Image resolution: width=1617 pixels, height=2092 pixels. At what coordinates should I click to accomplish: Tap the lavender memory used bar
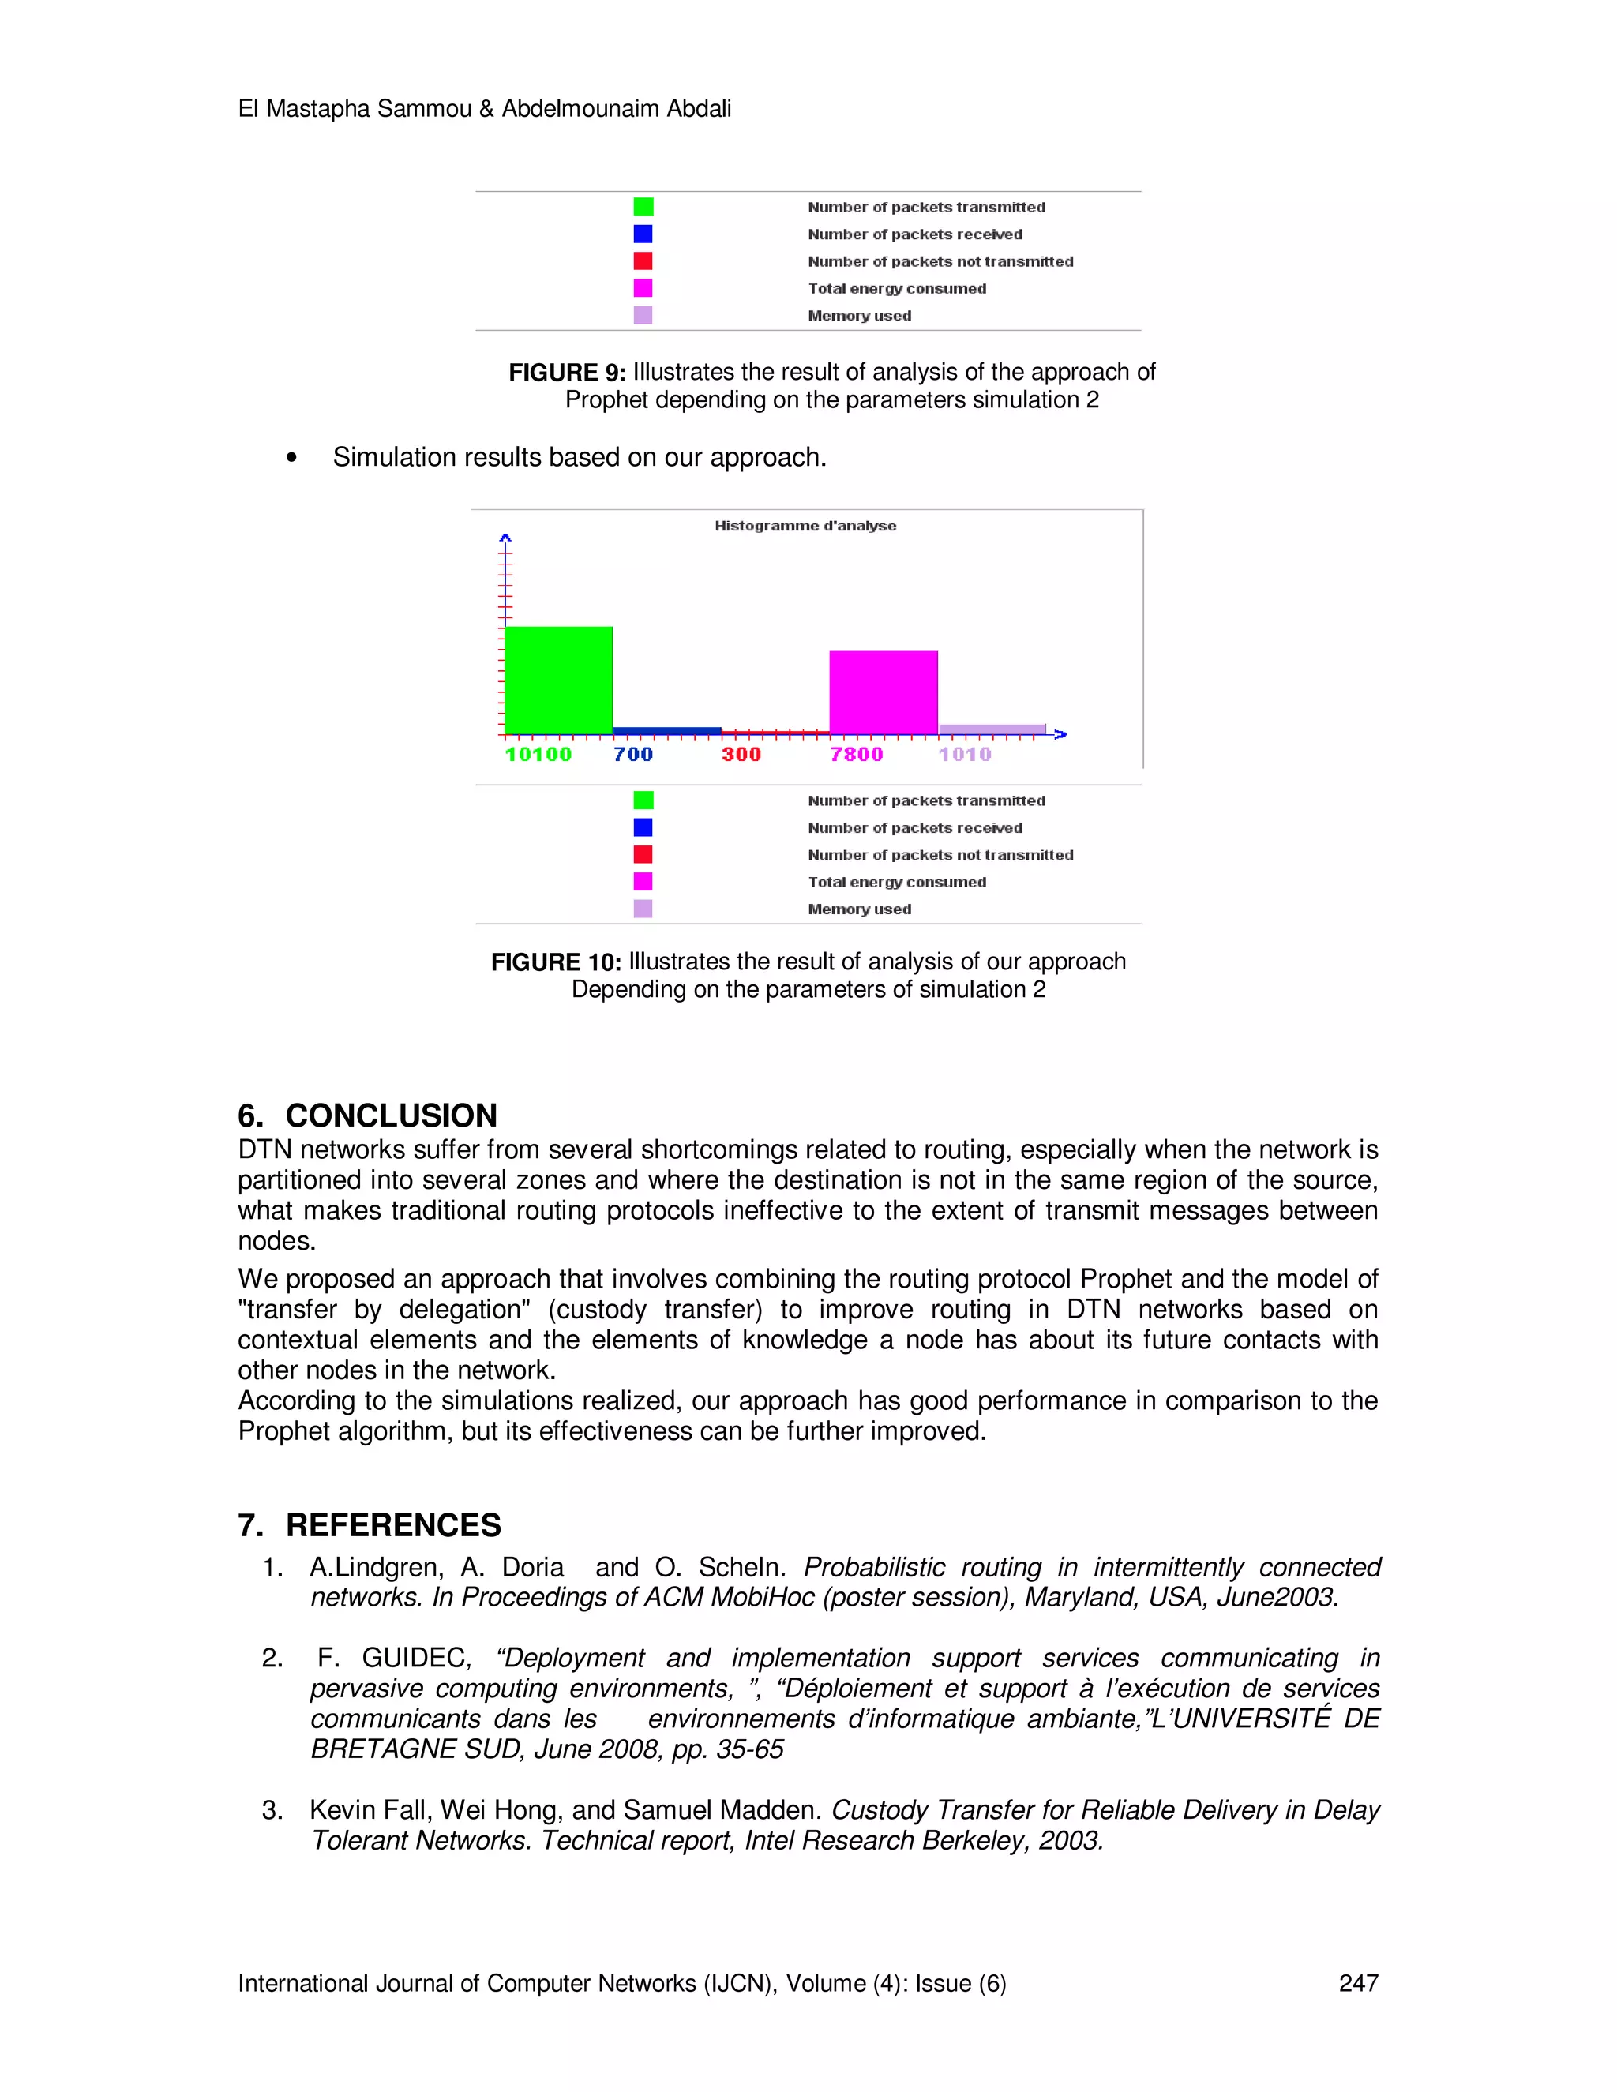click(x=992, y=729)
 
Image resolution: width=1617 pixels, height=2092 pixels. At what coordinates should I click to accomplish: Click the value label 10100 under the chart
click(x=538, y=755)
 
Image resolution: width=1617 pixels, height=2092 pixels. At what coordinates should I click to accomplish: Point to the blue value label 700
click(x=633, y=755)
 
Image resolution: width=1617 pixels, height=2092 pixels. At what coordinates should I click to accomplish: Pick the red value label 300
click(x=741, y=755)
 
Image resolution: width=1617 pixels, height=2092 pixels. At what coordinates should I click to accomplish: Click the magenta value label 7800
click(x=857, y=755)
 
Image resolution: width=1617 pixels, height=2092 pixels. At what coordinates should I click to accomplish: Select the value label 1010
click(x=965, y=755)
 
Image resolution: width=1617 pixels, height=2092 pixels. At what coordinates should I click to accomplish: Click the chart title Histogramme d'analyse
click(x=805, y=526)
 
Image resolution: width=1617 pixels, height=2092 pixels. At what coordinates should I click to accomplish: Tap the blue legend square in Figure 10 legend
click(x=643, y=827)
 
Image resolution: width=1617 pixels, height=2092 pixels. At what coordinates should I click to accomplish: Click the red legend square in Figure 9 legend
click(x=643, y=261)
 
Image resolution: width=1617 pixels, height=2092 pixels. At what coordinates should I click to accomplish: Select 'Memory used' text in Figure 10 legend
click(x=859, y=909)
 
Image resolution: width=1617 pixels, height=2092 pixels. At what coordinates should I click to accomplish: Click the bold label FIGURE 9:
click(x=566, y=373)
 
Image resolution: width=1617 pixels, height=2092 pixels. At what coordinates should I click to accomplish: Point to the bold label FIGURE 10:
click(x=556, y=962)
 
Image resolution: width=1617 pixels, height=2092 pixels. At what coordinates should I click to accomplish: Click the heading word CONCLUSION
click(x=391, y=1116)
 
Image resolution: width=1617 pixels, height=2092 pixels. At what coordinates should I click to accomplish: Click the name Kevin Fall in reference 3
click(x=370, y=1809)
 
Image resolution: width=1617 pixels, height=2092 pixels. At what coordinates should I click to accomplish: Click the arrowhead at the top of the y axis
click(x=505, y=538)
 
